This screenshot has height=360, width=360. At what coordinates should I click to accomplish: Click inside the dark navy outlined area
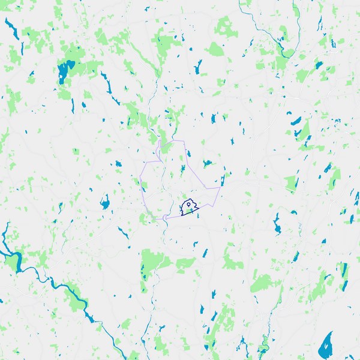[193, 211]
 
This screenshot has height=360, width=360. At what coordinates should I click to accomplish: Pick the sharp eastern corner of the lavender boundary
[220, 188]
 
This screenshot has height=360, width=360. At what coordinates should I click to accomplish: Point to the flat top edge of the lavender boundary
[171, 141]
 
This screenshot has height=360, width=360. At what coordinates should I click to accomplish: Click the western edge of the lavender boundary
[142, 186]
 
